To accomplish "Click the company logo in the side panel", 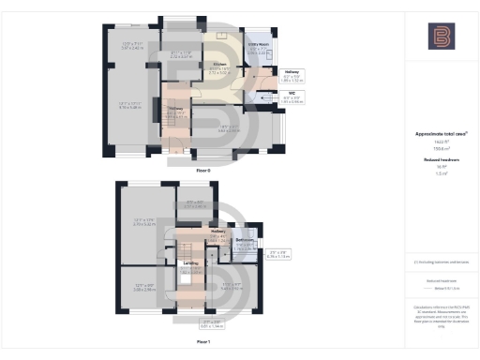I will [x=441, y=37].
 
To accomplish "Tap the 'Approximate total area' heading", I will [x=440, y=134].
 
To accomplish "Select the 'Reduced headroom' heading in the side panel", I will [x=440, y=160].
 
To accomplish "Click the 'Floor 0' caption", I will [x=202, y=171].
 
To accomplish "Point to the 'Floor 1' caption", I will [x=202, y=343].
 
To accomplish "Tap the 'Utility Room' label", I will [x=259, y=45].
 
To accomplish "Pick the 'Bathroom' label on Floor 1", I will [x=246, y=240].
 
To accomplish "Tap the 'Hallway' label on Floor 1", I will [x=218, y=230].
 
